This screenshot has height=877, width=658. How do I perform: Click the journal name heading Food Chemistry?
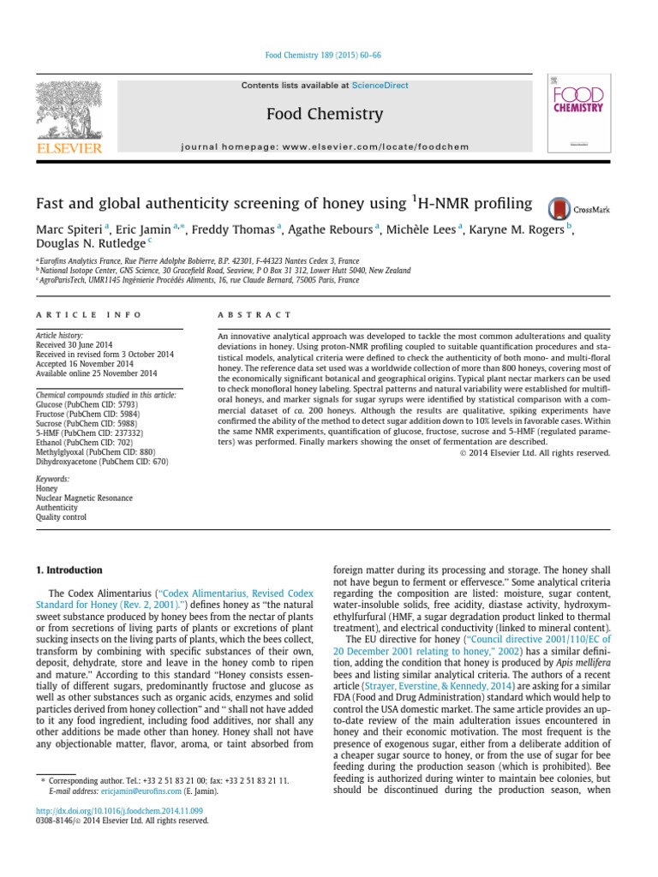[x=325, y=114]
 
